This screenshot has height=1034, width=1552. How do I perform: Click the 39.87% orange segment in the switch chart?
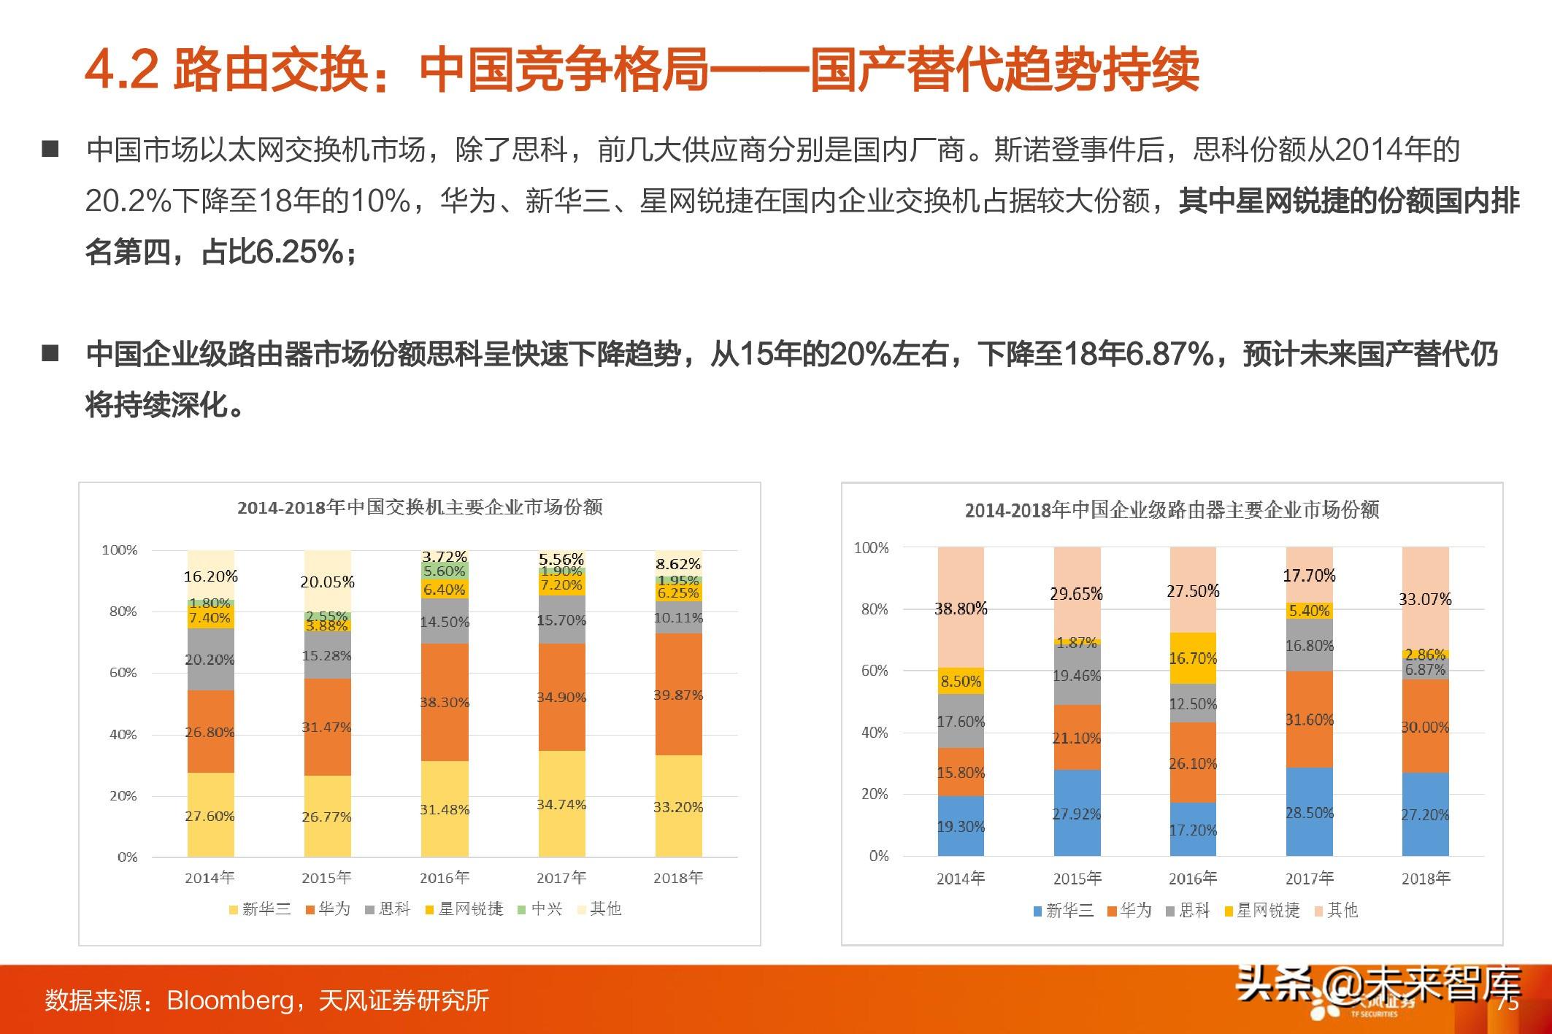(x=678, y=694)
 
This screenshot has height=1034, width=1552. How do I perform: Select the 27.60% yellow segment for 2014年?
(x=210, y=814)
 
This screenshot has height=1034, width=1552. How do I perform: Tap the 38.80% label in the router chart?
(x=961, y=608)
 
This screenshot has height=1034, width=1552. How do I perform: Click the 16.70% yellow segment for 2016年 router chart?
(x=1193, y=658)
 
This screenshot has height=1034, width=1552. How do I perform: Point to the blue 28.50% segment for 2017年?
(x=1309, y=812)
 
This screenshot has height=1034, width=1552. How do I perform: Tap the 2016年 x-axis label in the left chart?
(x=444, y=877)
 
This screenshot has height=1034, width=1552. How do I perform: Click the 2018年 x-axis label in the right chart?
(x=1425, y=878)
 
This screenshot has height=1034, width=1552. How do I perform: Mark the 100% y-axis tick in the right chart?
(x=871, y=547)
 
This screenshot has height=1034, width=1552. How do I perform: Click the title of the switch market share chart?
(x=420, y=507)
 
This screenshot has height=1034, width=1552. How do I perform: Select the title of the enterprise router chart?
(x=1172, y=510)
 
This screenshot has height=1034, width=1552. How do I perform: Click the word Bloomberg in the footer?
(x=230, y=1000)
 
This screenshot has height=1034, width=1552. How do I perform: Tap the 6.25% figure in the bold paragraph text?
(x=299, y=252)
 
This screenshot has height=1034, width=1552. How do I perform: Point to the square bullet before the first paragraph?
(x=50, y=150)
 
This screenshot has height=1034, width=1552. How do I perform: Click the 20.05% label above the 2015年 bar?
(x=327, y=582)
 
